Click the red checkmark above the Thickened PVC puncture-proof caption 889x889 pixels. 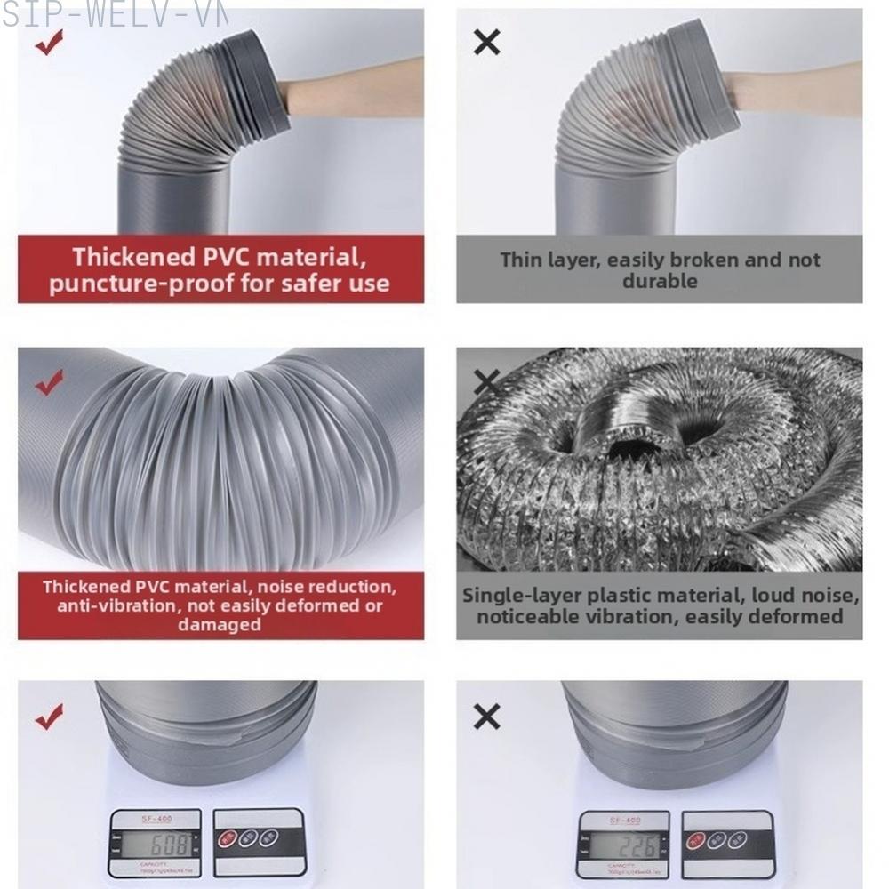49,43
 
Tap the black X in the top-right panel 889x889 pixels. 486,42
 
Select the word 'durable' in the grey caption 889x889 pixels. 659,281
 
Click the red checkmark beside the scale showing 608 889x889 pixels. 49,715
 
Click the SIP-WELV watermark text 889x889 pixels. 116,12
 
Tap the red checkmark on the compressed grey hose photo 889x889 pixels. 49,383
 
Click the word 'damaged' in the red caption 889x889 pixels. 219,624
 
